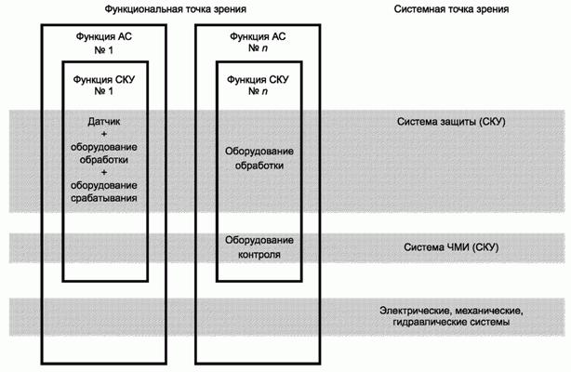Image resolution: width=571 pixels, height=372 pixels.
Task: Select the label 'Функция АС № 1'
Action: tap(103, 41)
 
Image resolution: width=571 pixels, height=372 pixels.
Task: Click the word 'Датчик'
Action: tap(104, 122)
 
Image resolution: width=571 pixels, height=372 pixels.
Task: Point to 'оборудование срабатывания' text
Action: tap(104, 192)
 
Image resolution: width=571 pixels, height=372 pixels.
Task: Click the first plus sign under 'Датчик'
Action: tap(104, 135)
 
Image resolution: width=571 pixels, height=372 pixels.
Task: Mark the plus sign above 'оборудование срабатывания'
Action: tap(104, 173)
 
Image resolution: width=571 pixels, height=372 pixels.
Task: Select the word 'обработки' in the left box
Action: tap(104, 160)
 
